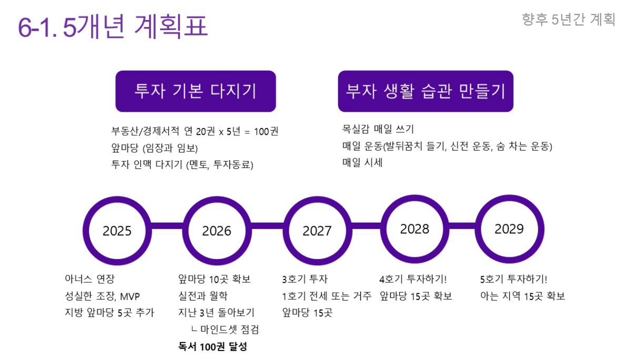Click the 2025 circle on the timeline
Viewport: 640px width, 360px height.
(117, 231)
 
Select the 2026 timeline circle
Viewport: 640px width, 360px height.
(217, 231)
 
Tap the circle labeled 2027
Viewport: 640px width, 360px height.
(317, 231)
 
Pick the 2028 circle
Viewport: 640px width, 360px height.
(415, 229)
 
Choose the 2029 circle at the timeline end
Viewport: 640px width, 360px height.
(509, 229)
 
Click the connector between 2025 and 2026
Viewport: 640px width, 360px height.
(167, 226)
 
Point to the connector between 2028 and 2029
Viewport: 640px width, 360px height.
(462, 226)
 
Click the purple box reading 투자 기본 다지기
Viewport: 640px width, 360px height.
(196, 91)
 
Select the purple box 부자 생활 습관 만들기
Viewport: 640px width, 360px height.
(426, 91)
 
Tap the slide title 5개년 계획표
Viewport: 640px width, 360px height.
(113, 26)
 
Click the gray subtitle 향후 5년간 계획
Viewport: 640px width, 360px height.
(568, 19)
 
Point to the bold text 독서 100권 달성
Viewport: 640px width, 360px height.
(213, 346)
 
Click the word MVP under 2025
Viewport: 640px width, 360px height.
(130, 296)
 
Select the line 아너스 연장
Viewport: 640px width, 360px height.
(89, 279)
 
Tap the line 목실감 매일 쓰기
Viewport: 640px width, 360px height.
(378, 129)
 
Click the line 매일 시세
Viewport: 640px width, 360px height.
(362, 163)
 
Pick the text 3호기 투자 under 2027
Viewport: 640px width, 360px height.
(305, 279)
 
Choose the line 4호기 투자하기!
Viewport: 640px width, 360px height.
(413, 279)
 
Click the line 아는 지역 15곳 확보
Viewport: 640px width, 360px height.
(523, 296)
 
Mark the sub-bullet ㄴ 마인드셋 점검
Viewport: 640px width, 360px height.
(225, 329)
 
